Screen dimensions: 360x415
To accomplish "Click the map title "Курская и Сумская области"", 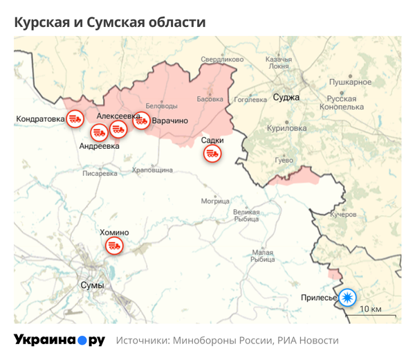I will pyautogui.click(x=110, y=22).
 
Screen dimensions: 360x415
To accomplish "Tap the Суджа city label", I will pyautogui.click(x=286, y=97).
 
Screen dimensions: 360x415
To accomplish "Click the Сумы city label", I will pyautogui.click(x=92, y=285).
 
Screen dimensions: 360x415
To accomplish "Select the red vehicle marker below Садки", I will pyautogui.click(x=212, y=154).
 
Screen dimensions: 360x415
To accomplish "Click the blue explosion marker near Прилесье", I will pyautogui.click(x=348, y=298).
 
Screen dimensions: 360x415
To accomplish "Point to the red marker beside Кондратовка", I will pyautogui.click(x=74, y=119).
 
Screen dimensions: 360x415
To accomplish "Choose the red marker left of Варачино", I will pyautogui.click(x=141, y=120).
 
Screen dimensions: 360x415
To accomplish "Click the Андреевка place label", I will pyautogui.click(x=100, y=146).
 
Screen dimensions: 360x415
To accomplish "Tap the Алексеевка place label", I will pyautogui.click(x=119, y=116).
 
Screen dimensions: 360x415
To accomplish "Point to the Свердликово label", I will pyautogui.click(x=222, y=60).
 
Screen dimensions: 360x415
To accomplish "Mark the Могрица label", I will pyautogui.click(x=215, y=201).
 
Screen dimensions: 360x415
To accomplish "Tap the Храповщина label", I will pyautogui.click(x=152, y=170).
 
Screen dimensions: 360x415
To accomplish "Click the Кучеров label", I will pyautogui.click(x=342, y=215).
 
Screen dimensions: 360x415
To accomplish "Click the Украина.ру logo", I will pyautogui.click(x=59, y=340).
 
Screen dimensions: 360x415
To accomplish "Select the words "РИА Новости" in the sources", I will pyautogui.click(x=308, y=341).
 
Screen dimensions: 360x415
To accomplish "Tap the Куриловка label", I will pyautogui.click(x=286, y=128).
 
